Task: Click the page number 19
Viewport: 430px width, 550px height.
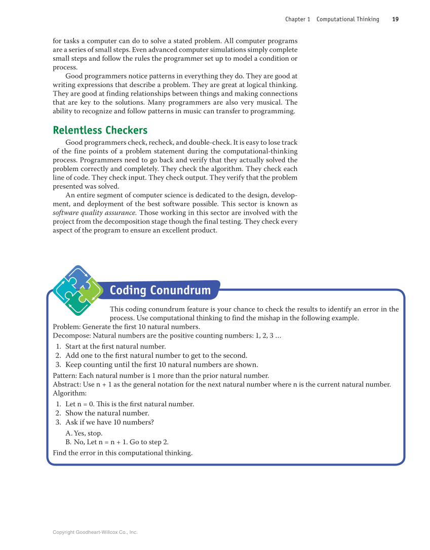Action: point(395,19)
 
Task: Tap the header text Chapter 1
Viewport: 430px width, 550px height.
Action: point(298,19)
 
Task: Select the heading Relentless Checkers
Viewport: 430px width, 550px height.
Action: point(100,131)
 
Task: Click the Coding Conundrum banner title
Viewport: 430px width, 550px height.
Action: point(160,290)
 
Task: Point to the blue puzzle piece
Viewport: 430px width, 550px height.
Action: point(76,276)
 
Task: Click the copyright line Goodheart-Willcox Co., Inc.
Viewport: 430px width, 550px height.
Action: point(95,532)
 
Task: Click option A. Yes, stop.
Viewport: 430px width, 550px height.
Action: point(84,433)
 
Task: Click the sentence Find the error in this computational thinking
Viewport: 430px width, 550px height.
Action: point(123,452)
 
